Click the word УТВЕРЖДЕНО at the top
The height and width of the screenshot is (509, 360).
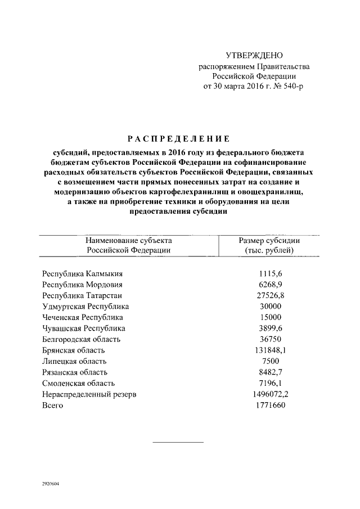tap(254, 56)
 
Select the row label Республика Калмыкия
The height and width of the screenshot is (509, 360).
tap(82, 274)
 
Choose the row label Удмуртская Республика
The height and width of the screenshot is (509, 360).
tap(85, 307)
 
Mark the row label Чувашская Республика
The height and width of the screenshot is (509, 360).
tap(84, 328)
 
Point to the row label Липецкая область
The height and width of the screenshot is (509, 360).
tap(74, 361)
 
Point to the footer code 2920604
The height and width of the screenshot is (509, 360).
tap(51, 484)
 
